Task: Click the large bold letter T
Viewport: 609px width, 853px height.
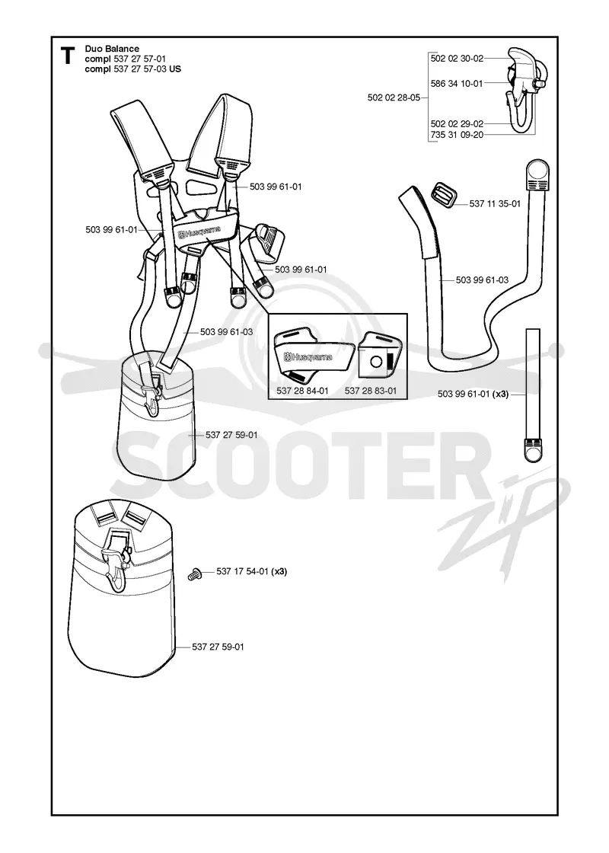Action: [68, 56]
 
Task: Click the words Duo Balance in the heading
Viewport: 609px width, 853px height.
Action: [112, 49]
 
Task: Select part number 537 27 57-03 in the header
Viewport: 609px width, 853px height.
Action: [140, 69]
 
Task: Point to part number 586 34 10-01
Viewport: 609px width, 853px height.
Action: [457, 83]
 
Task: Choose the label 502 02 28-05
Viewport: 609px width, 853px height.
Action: [394, 97]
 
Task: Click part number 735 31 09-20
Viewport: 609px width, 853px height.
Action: [457, 134]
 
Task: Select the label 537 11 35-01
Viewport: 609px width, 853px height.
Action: [495, 203]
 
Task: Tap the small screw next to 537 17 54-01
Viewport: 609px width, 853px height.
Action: [193, 573]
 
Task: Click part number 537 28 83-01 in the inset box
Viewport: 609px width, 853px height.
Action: [371, 391]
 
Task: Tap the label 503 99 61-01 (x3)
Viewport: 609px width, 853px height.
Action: [473, 394]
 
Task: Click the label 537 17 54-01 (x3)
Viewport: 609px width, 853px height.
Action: [252, 571]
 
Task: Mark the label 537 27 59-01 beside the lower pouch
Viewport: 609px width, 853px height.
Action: [218, 647]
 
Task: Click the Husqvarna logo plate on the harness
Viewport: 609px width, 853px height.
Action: [199, 233]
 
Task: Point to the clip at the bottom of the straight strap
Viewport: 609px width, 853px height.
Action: [533, 449]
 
